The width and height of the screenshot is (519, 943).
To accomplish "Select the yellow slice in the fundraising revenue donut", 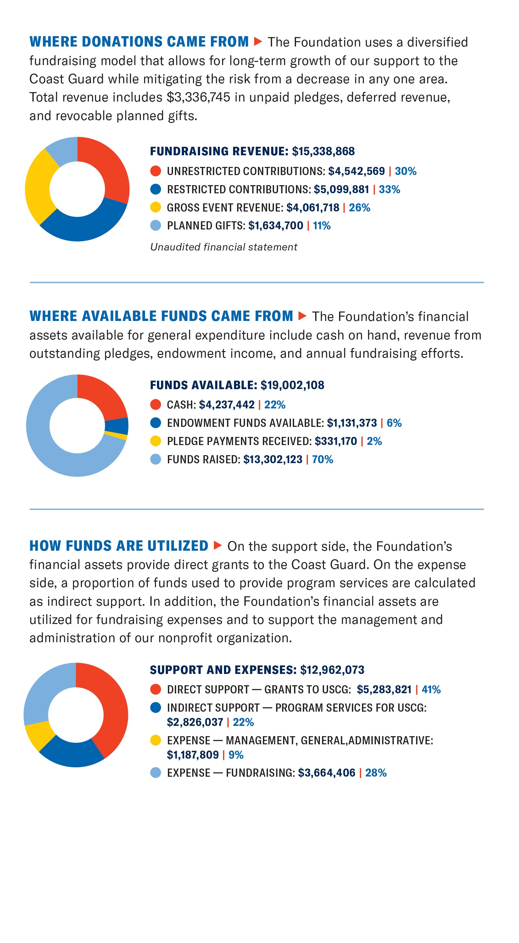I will [38, 187].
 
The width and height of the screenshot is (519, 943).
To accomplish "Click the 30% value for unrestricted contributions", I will [405, 171].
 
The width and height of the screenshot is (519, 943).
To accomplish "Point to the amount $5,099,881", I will [341, 190].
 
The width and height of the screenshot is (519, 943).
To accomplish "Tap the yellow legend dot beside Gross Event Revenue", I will [156, 207].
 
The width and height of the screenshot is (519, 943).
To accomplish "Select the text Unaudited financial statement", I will [223, 247].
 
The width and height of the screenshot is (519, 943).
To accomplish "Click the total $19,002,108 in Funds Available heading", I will [292, 385].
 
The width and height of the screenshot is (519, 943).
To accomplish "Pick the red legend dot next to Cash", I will [156, 405].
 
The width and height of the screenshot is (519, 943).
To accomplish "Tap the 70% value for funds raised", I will [322, 460].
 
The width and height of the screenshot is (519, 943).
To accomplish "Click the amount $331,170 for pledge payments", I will [336, 442].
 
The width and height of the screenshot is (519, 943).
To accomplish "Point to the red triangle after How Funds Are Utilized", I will [218, 545].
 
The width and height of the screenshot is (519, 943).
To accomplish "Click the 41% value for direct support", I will [431, 690].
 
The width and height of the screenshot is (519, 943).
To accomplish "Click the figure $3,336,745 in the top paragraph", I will [198, 97].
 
